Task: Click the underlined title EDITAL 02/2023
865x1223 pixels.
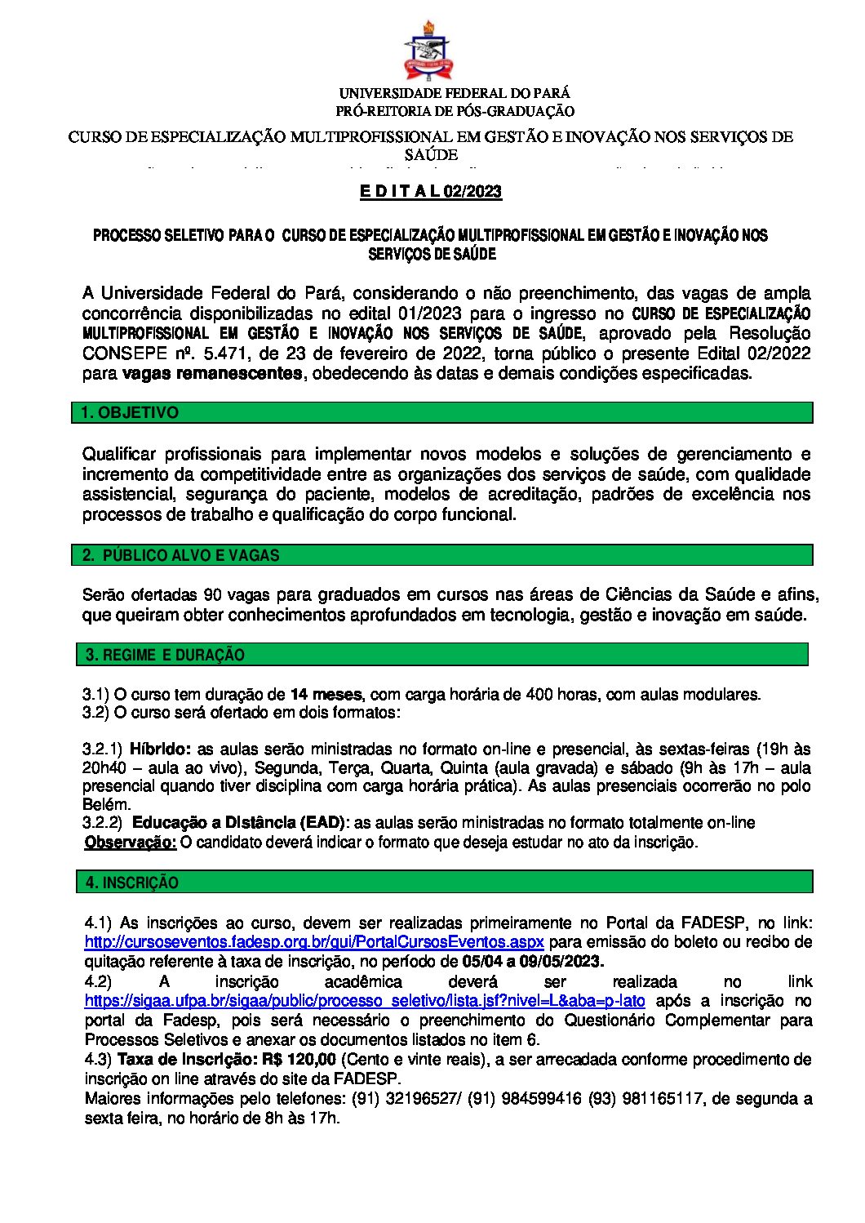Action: (431, 192)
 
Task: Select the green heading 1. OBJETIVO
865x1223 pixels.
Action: (131, 413)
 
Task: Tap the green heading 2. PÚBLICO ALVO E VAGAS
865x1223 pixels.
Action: (181, 556)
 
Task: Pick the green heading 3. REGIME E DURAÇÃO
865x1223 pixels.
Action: (166, 655)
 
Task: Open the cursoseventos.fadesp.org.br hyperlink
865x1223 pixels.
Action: (314, 942)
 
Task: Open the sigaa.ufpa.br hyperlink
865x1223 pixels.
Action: (365, 1001)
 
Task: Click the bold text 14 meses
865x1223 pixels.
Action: (326, 695)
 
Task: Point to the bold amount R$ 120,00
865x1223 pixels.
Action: (299, 1060)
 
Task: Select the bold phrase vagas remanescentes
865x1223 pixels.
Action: (212, 374)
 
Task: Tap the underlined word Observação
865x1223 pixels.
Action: (131, 843)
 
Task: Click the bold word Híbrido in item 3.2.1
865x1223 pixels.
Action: (161, 749)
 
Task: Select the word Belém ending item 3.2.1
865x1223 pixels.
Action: (106, 804)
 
